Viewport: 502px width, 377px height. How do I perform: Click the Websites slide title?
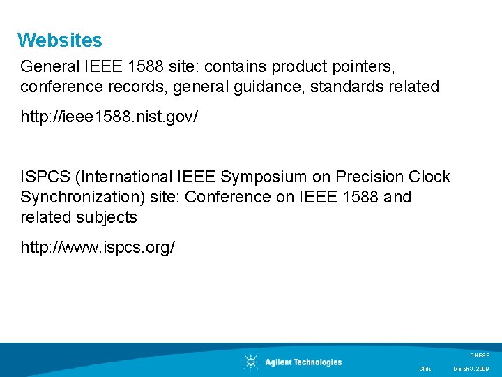[60, 40]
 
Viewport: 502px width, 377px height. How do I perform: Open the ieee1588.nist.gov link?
[109, 117]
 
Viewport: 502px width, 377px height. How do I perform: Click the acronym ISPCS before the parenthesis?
[44, 177]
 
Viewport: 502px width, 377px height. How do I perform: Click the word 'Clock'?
[429, 177]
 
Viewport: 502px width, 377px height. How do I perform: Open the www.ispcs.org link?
[98, 247]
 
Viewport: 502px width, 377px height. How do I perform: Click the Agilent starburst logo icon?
[250, 362]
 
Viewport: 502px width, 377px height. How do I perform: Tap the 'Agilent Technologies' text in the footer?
[303, 362]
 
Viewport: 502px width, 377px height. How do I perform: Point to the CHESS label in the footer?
[480, 355]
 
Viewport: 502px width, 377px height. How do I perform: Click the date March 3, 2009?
[471, 369]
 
